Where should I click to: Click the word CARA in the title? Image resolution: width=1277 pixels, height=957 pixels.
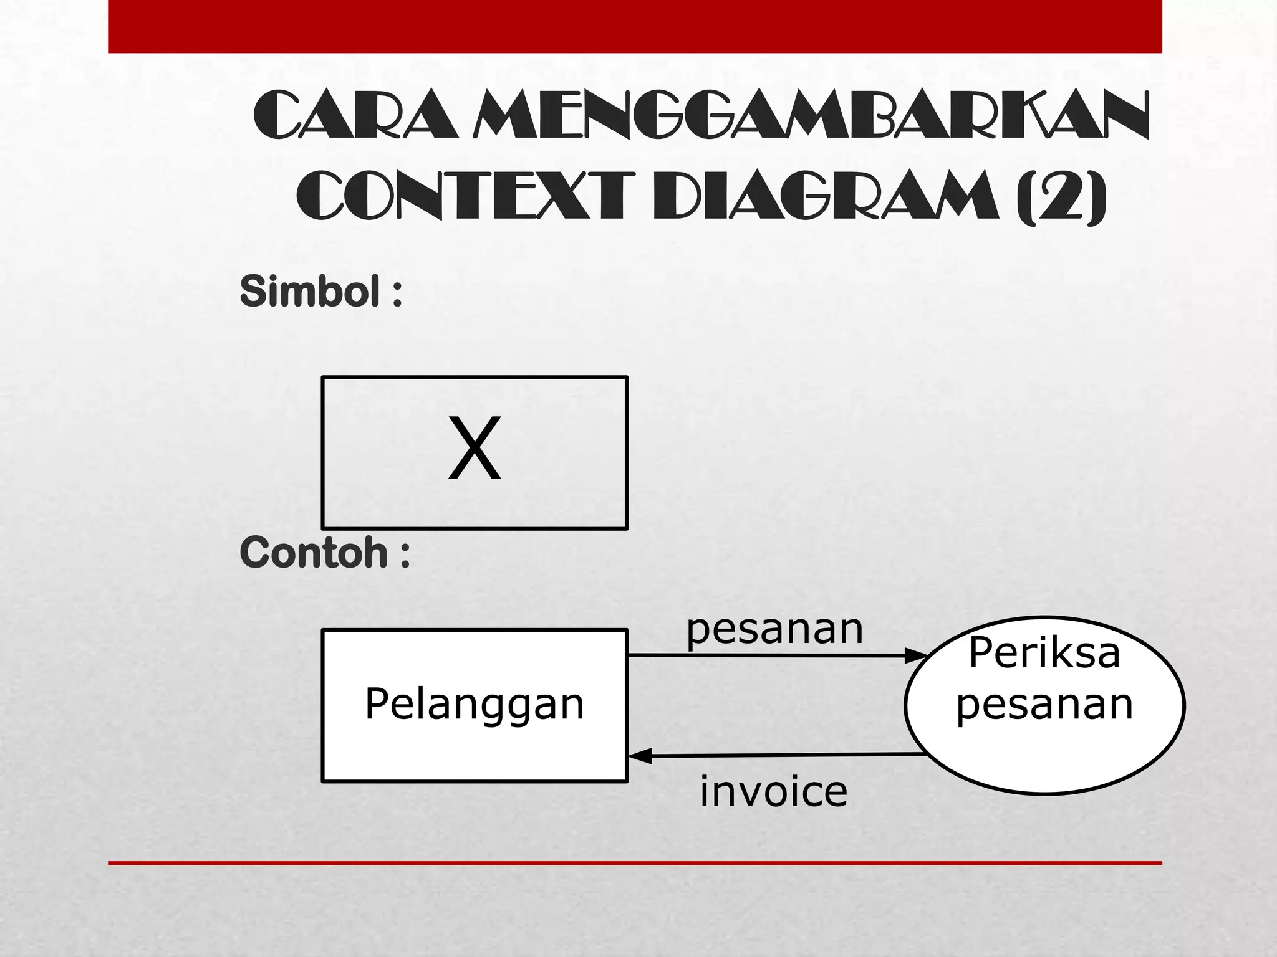(x=355, y=116)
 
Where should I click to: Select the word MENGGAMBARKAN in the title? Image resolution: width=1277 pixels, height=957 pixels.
(x=811, y=116)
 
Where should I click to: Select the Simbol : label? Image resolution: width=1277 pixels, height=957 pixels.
(x=320, y=291)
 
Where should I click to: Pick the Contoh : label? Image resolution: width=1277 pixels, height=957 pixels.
(x=324, y=553)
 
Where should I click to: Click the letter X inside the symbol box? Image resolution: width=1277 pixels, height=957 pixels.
(x=475, y=449)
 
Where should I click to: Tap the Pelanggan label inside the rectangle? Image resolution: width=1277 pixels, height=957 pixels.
(x=475, y=705)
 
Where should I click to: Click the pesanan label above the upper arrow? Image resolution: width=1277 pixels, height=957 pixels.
(x=774, y=629)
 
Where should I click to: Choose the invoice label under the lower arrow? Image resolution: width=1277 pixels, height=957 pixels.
(x=774, y=792)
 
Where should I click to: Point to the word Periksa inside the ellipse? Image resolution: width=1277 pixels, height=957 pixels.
(x=1044, y=653)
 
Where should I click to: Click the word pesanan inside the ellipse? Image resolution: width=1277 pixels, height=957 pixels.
(x=1044, y=705)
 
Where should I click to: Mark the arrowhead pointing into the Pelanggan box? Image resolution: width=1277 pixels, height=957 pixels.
(x=640, y=756)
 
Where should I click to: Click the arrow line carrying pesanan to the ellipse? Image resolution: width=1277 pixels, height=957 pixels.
(x=767, y=655)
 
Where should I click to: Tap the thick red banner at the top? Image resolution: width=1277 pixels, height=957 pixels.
(x=635, y=26)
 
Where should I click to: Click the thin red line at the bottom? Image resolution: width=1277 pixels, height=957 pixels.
(x=635, y=863)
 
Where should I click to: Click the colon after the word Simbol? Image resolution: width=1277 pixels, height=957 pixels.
(x=397, y=293)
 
